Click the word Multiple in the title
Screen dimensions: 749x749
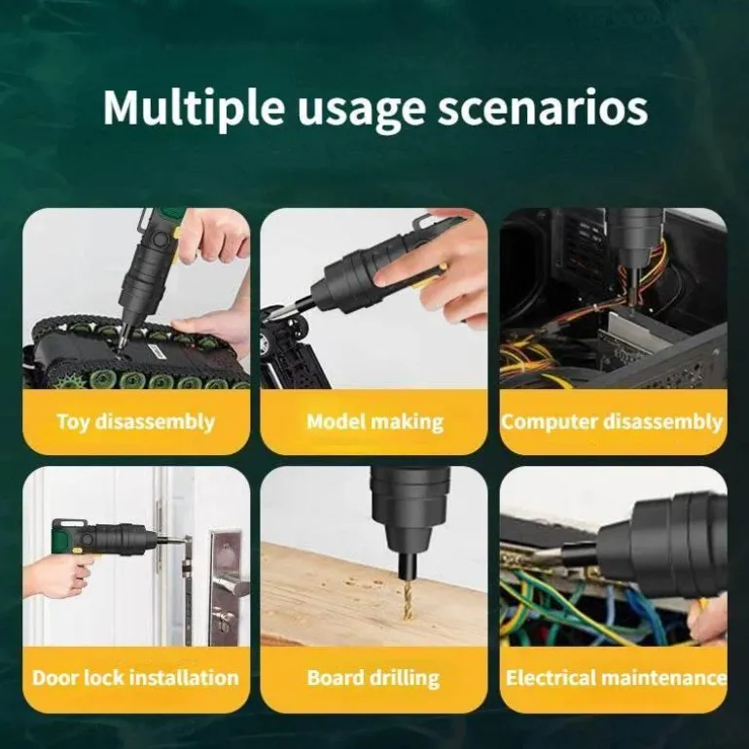[194, 108]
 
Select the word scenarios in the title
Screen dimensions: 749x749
[543, 108]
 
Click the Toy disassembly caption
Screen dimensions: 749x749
[136, 422]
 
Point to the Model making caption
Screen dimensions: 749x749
[374, 422]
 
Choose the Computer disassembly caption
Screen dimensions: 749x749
[612, 422]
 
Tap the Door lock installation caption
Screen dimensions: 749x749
[135, 677]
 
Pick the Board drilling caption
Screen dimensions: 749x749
[374, 678]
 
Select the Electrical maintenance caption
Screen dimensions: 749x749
[616, 677]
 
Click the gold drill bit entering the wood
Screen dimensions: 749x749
[407, 600]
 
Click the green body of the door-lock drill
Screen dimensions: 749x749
[63, 536]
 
